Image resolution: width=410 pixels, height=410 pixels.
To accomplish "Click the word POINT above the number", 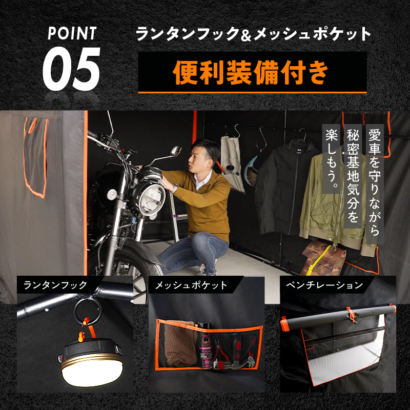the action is (72, 33).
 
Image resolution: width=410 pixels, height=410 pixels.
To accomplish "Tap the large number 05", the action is (71, 69).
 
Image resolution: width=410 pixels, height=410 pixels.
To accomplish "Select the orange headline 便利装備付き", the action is (250, 72).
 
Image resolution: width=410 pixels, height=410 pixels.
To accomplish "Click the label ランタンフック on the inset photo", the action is (55, 285).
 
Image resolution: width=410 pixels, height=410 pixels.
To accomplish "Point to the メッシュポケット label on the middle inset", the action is (191, 285).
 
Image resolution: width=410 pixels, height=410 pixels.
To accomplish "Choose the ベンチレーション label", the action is (324, 285).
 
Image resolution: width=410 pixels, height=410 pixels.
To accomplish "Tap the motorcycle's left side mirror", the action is (175, 151).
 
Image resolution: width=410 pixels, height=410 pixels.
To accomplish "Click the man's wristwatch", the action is (175, 188).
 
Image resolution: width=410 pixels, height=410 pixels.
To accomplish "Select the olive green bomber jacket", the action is (337, 201).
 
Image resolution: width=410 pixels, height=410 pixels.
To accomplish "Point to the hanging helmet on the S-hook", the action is (251, 170).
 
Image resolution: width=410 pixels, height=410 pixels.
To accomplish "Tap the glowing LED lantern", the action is (92, 365).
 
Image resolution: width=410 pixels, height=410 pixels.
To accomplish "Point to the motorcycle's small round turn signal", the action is (112, 194).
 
